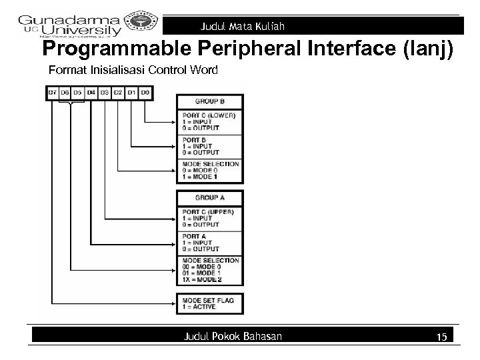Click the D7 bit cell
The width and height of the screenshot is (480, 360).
53,91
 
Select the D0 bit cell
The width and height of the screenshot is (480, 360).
145,91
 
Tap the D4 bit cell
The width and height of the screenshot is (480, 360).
92,91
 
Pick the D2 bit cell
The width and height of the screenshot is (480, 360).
119,91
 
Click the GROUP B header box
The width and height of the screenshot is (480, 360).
209,101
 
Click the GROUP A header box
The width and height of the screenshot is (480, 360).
209,198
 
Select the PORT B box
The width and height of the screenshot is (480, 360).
209,147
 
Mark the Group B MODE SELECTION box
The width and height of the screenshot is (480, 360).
209,171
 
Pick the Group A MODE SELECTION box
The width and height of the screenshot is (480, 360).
209,271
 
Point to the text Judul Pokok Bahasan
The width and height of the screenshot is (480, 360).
233,337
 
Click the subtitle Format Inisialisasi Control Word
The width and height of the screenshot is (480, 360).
133,69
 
